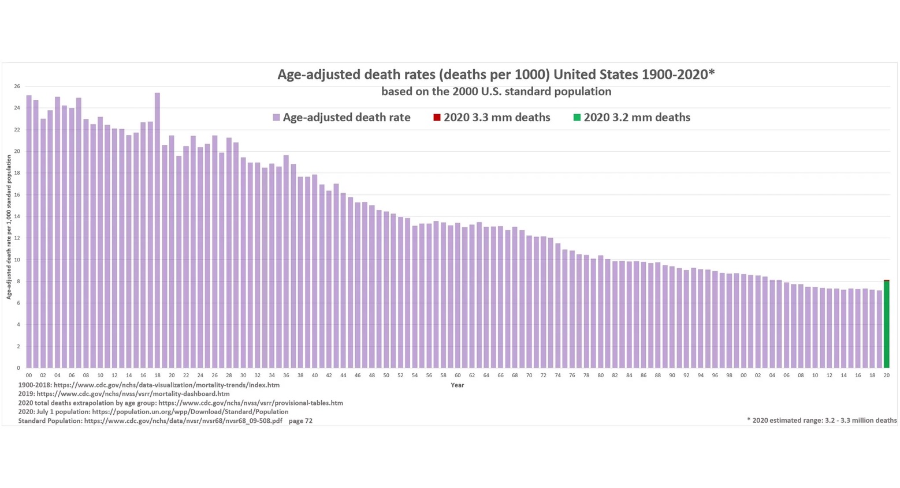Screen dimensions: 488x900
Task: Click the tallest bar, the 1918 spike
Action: (x=157, y=231)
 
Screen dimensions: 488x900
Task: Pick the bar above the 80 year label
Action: (x=601, y=311)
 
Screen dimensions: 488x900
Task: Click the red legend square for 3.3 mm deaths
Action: (x=437, y=118)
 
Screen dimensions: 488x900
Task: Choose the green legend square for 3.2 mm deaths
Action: (x=577, y=118)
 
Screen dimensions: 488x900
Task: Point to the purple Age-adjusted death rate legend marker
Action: (x=276, y=118)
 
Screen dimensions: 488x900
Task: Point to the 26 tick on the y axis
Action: (x=17, y=87)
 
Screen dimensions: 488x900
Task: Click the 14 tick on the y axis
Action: (x=17, y=216)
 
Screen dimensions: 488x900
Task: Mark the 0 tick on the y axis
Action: (x=18, y=368)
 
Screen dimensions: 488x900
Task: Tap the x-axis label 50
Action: (x=386, y=376)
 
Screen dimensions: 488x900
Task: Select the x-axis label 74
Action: (x=557, y=376)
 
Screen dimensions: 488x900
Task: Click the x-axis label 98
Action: (x=729, y=376)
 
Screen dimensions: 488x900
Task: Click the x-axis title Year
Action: (x=457, y=385)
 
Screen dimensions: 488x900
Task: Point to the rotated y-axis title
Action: (x=9, y=227)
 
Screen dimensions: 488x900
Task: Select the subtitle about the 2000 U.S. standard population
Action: (x=496, y=92)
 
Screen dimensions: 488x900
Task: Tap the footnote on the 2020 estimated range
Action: (x=821, y=421)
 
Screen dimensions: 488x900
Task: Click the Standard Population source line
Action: (x=165, y=421)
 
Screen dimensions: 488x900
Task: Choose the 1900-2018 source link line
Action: (x=148, y=385)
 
